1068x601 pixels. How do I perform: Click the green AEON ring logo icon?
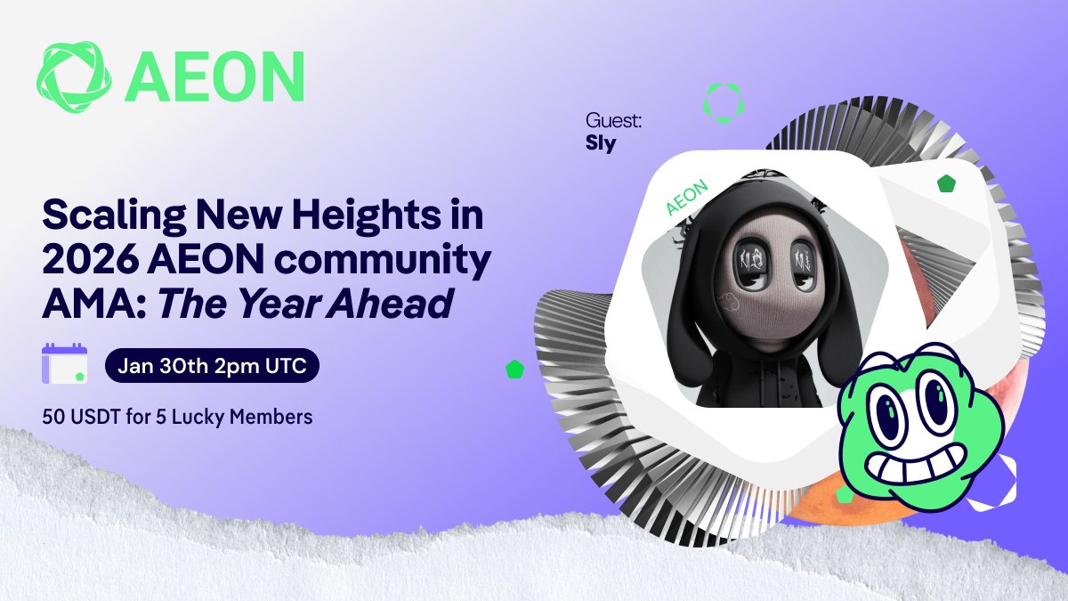(74, 77)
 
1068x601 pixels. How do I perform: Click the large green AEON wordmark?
(214, 77)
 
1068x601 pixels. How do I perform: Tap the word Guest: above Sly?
(613, 121)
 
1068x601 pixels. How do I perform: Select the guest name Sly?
(601, 143)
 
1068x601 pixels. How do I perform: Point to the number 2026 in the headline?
(91, 259)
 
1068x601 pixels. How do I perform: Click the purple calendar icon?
(65, 363)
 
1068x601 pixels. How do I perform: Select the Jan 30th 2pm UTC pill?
(212, 366)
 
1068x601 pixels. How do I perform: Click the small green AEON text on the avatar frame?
(686, 198)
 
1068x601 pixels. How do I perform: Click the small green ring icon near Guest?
(724, 103)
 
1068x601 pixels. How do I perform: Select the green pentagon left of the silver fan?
(514, 370)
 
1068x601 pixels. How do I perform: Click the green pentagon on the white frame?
(946, 183)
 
